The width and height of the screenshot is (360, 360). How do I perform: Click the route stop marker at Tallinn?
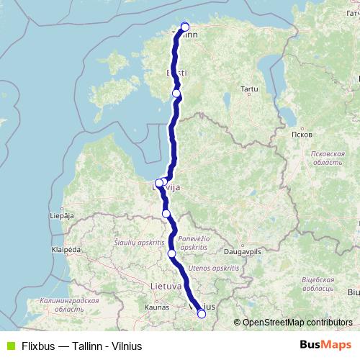185,27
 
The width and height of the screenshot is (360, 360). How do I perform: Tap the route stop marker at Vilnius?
202,313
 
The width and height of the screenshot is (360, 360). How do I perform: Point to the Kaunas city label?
156,307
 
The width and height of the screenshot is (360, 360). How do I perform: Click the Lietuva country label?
166,286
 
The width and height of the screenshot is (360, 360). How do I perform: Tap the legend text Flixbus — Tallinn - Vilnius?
81,346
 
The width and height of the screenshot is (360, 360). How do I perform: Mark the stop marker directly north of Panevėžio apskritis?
166,213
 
